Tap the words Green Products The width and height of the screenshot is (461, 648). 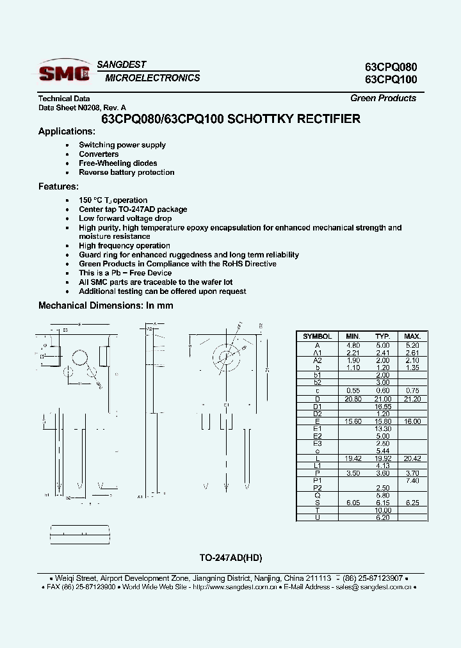[x=383, y=98]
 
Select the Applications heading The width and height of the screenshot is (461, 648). [x=67, y=131]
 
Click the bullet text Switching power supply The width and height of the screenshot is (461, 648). [x=122, y=145]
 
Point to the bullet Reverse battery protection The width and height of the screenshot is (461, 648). [x=126, y=172]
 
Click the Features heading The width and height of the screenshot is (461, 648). [x=58, y=186]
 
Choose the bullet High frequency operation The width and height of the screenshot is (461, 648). [x=124, y=246]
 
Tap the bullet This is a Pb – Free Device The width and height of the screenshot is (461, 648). [x=125, y=273]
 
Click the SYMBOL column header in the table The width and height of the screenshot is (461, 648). [x=317, y=336]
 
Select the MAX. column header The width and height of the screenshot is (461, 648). [x=412, y=336]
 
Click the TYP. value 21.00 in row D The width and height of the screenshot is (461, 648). [x=383, y=399]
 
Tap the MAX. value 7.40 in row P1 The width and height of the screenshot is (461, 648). [x=412, y=480]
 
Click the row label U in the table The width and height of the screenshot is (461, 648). [x=317, y=517]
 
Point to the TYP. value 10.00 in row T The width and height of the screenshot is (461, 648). [x=383, y=510]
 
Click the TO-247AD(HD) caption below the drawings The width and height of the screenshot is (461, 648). [x=231, y=557]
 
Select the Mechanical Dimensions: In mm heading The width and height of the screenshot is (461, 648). [x=106, y=305]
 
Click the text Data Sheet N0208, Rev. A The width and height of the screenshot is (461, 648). [x=83, y=108]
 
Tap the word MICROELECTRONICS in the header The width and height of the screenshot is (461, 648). [x=152, y=78]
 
